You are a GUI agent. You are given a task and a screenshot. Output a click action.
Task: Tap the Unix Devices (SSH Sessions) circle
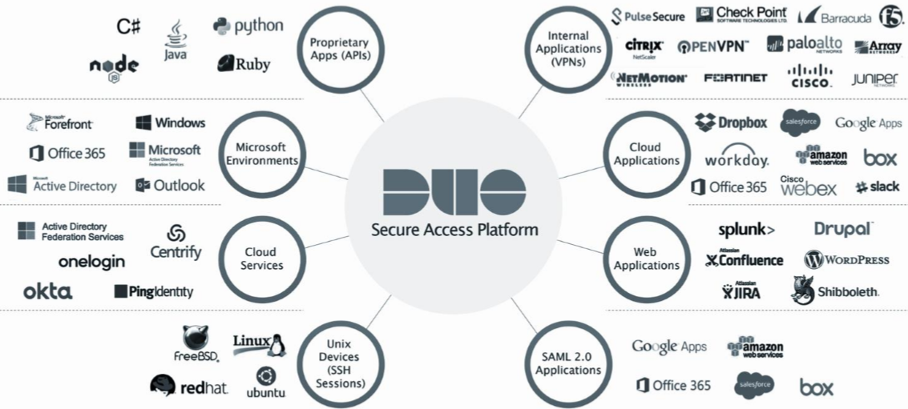[340, 363]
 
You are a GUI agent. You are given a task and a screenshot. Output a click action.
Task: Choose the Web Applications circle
[646, 258]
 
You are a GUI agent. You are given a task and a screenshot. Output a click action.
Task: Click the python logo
[248, 26]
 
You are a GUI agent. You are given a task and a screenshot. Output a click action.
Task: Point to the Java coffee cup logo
[176, 40]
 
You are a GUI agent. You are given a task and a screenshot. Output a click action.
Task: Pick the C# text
[128, 26]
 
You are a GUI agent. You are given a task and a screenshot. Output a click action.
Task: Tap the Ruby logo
[243, 63]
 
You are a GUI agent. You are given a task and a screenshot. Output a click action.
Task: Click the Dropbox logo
[730, 122]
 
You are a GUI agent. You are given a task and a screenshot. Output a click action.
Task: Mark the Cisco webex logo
[808, 186]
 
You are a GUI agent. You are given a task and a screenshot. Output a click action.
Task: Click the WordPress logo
[846, 259]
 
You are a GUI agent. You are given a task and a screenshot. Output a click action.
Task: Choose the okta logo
[47, 291]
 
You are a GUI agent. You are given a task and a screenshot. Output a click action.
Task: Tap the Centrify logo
[176, 243]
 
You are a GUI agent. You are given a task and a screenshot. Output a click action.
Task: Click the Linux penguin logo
[260, 343]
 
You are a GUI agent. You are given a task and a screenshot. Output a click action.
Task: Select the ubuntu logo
[266, 383]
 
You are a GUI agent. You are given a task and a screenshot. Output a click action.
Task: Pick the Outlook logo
[170, 185]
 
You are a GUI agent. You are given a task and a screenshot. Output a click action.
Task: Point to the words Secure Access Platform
[454, 231]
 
